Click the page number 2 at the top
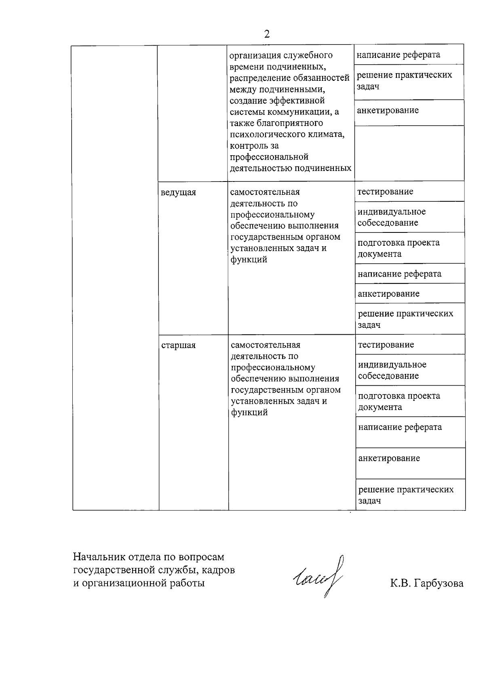pyautogui.click(x=267, y=34)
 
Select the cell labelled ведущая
pyautogui.click(x=178, y=192)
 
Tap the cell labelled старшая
pyautogui.click(x=178, y=345)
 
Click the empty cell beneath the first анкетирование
pyautogui.click(x=409, y=153)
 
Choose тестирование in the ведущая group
pyautogui.click(x=385, y=192)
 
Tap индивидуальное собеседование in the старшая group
pyautogui.click(x=392, y=370)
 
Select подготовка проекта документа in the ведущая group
pyautogui.click(x=398, y=248)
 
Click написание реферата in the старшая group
pyautogui.click(x=400, y=427)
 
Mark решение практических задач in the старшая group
pyautogui.click(x=406, y=495)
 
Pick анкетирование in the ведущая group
pyautogui.click(x=388, y=294)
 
